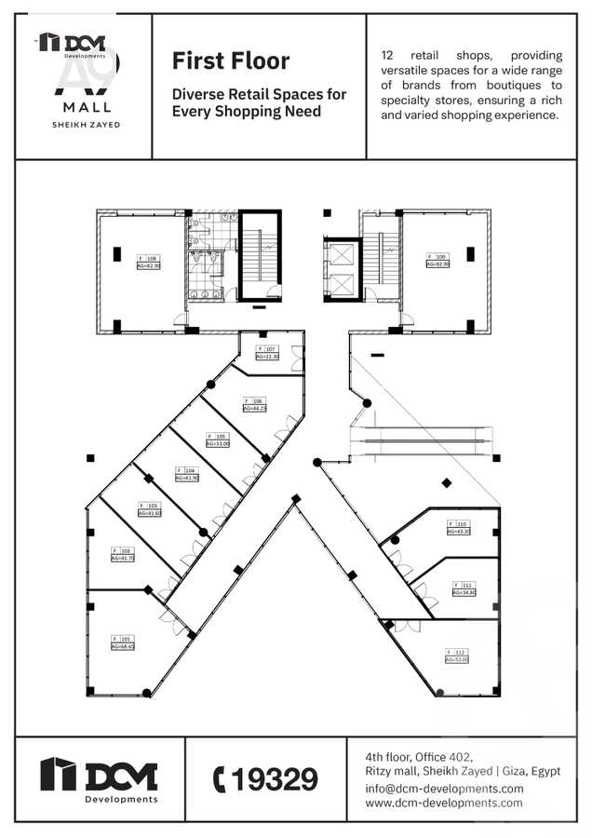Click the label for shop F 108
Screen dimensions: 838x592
tap(149, 262)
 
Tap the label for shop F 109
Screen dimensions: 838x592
tap(437, 260)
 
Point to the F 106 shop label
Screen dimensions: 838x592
tap(255, 404)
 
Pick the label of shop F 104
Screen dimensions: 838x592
tap(187, 474)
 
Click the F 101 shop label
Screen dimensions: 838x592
tap(123, 642)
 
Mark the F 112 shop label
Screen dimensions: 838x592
tap(456, 656)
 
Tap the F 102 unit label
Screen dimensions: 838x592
tap(123, 554)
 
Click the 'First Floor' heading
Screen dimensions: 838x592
tap(230, 61)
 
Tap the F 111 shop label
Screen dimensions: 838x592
tap(464, 588)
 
